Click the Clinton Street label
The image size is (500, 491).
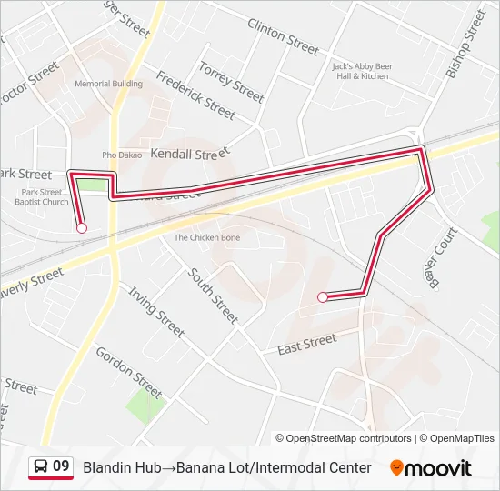point(284,36)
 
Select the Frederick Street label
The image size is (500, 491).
point(195,95)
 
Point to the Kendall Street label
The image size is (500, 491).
point(185,154)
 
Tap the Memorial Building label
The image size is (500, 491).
point(108,84)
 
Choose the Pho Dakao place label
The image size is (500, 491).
point(122,155)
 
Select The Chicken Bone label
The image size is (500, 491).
point(207,238)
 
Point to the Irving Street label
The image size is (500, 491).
point(156,311)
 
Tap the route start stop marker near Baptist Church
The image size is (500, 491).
point(82,228)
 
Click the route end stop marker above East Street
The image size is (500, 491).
point(322,296)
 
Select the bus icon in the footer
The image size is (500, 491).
point(40,467)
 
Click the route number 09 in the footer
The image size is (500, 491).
point(61,467)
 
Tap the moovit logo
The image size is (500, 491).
point(431,468)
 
